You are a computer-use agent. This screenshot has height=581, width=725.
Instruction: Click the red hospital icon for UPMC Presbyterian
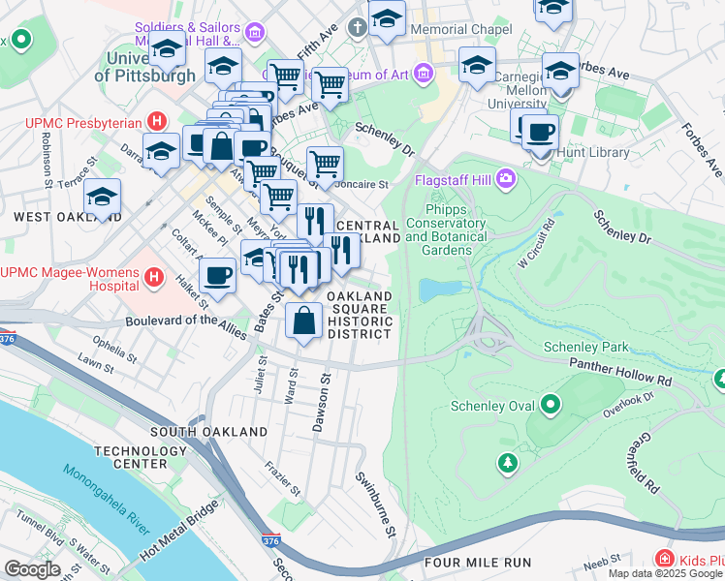click(x=155, y=122)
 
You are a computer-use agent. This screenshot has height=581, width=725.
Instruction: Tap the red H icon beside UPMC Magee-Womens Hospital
click(x=153, y=279)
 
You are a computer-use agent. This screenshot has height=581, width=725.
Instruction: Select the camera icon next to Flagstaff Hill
click(x=505, y=179)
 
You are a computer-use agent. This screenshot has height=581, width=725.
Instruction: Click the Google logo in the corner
click(x=32, y=569)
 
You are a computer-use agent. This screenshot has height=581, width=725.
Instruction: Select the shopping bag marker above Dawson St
click(x=304, y=320)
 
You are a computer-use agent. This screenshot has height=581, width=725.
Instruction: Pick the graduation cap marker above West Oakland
click(x=102, y=198)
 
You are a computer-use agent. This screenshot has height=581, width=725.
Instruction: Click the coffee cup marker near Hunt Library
click(x=540, y=131)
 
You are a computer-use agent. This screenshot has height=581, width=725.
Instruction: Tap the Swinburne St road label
click(x=374, y=504)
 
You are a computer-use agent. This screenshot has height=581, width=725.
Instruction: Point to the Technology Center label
click(x=130, y=457)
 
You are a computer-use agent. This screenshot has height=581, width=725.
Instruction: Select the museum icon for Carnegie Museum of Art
click(x=422, y=73)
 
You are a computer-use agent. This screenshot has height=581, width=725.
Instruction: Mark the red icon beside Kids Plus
click(x=664, y=559)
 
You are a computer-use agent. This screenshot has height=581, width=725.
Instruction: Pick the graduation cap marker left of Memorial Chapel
click(x=387, y=19)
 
